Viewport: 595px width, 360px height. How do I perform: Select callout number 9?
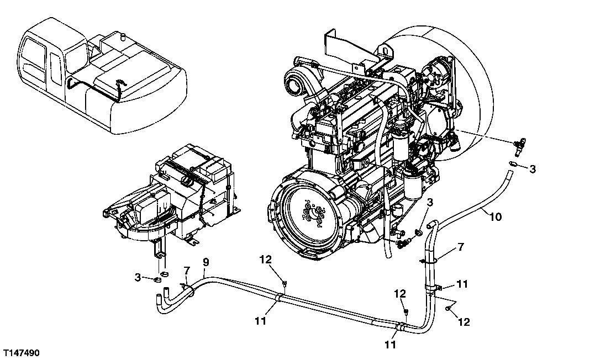(x=206, y=262)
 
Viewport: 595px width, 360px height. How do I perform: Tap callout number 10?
(x=496, y=218)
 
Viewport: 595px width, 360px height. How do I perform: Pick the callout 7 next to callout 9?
(x=187, y=270)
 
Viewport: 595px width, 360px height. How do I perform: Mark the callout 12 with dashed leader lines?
(x=464, y=322)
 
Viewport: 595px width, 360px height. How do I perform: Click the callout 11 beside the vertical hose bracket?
(x=463, y=284)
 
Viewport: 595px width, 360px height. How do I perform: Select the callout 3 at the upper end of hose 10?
(x=532, y=169)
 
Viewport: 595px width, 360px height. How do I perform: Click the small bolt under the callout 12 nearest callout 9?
(x=283, y=285)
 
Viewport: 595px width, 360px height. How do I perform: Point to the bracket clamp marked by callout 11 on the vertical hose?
(x=439, y=287)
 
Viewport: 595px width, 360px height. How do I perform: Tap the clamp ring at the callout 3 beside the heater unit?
(x=157, y=279)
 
